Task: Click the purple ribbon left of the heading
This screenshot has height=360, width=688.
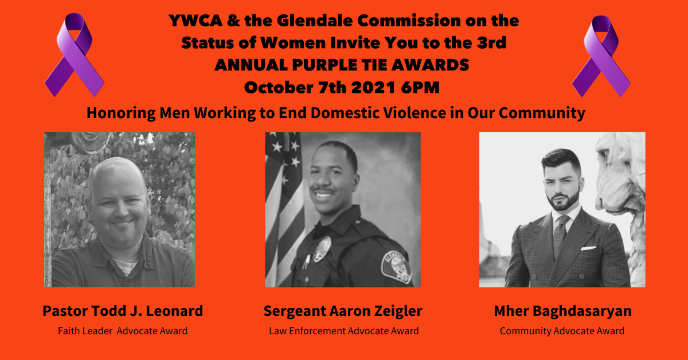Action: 75,55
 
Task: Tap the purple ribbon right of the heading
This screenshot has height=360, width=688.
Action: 601,57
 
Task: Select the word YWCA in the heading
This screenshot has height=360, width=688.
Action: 196,21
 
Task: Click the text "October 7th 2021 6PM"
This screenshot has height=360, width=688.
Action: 342,87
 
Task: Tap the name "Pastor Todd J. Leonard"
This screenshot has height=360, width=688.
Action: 123,311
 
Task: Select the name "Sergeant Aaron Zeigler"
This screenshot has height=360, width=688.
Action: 343,311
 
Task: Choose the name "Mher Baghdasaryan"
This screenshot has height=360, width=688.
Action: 562,311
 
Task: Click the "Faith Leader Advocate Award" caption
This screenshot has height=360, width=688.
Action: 123,331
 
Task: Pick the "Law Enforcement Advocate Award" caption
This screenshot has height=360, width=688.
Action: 343,331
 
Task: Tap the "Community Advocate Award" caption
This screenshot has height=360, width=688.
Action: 562,331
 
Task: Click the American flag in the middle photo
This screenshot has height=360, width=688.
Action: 284,209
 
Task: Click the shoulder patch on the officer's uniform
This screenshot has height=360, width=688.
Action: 396,266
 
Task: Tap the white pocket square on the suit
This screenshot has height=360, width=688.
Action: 588,248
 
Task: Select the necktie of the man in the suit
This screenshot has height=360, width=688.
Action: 561,235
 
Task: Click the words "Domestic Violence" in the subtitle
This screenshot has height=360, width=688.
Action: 378,113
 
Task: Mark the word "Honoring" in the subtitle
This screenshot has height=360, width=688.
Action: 122,113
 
